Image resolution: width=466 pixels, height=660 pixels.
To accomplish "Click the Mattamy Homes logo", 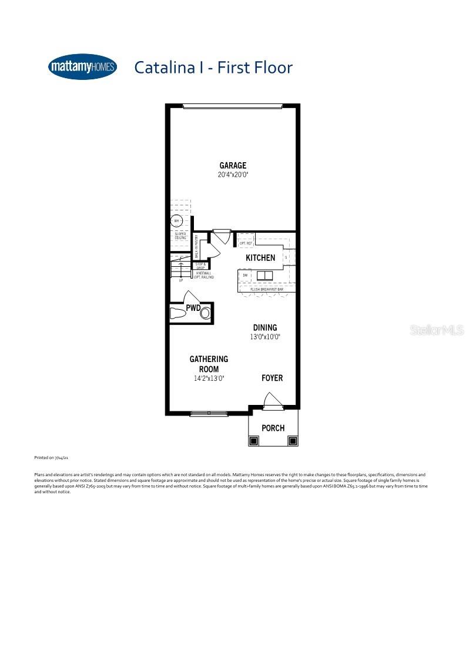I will [82, 67].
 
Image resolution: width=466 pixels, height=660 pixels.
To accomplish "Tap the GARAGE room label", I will [233, 166].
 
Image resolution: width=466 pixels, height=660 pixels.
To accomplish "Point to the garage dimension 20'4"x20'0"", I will [233, 175].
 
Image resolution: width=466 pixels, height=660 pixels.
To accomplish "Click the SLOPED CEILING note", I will [180, 236].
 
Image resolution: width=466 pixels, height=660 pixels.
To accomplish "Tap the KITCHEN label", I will [260, 258].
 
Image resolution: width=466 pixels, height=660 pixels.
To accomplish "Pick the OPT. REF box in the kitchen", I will [246, 243].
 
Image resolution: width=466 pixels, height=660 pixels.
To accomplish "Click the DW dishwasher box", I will [245, 275].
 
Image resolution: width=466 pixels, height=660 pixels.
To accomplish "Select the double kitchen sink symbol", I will [265, 275].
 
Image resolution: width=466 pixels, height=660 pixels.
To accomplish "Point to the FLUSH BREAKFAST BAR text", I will [267, 290].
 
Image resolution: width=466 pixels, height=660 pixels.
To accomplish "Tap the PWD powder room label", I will [194, 307].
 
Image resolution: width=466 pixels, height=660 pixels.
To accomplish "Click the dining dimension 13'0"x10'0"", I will [265, 337].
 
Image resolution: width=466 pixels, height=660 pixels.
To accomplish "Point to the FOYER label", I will [272, 378].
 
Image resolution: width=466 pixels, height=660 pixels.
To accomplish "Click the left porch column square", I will [254, 440].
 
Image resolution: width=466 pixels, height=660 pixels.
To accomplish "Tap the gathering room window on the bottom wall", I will [209, 414].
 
